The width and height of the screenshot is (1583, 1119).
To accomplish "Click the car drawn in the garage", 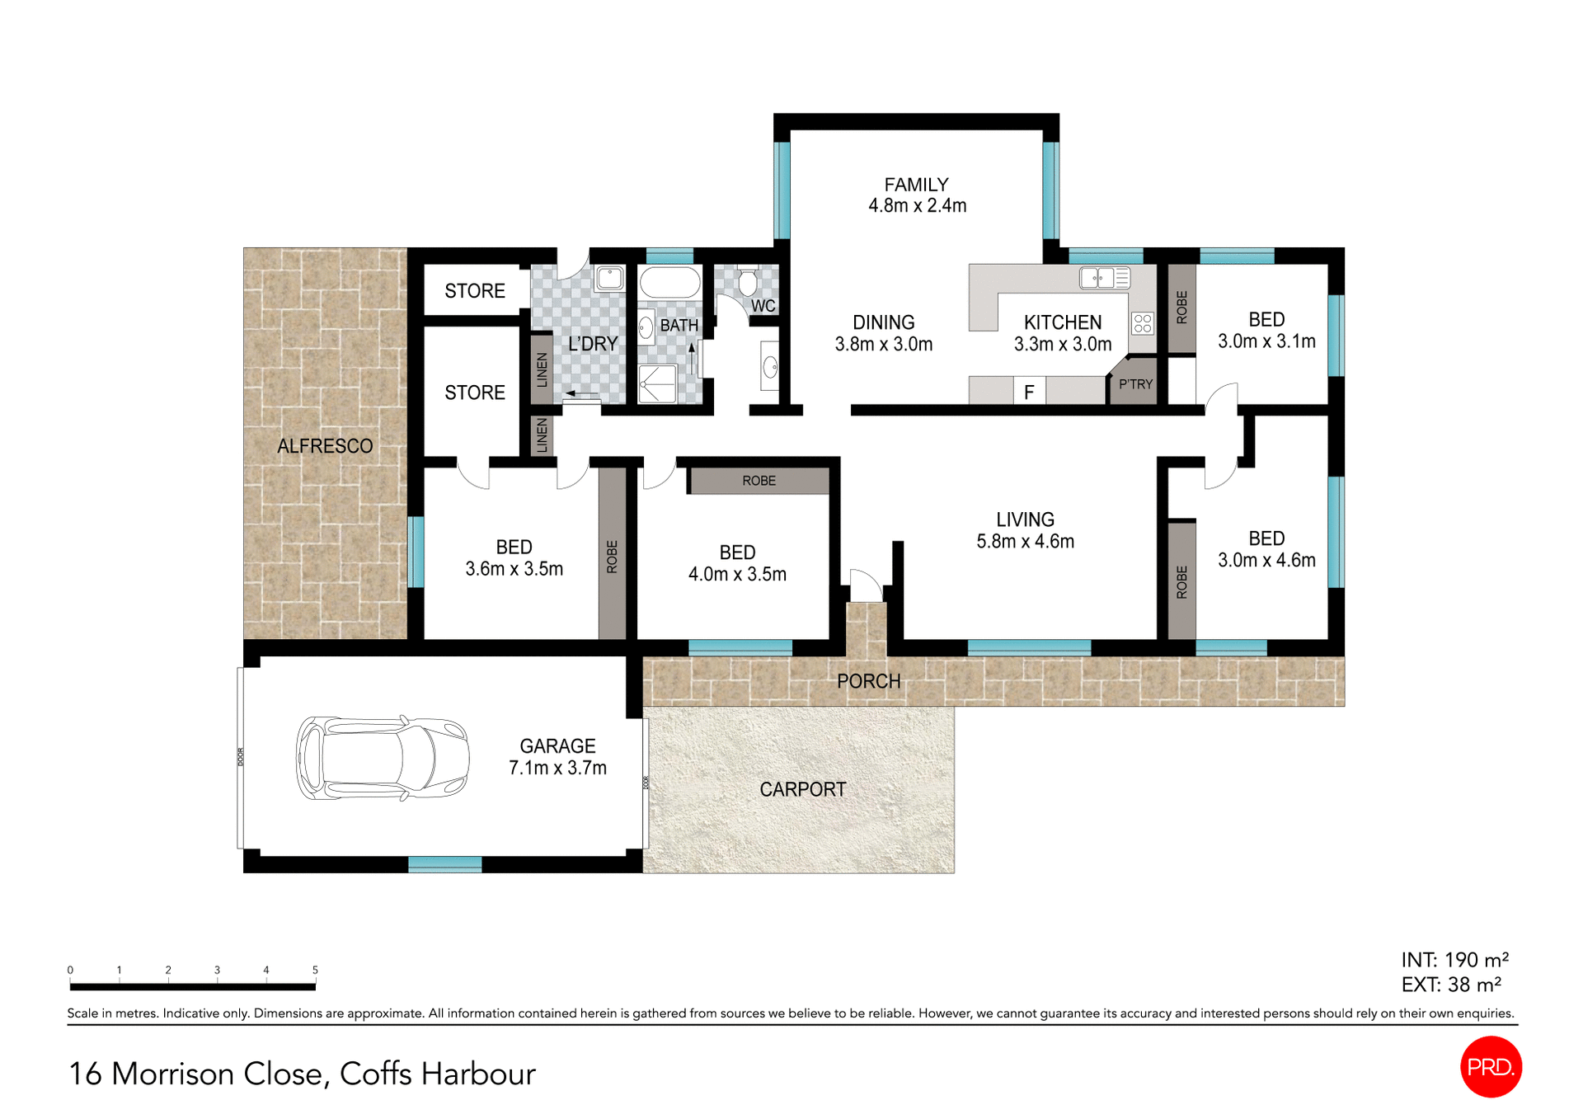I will pyautogui.click(x=383, y=757).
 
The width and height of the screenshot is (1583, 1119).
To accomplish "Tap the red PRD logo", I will pyautogui.click(x=1490, y=1066).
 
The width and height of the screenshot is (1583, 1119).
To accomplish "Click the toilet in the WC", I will pyautogui.click(x=747, y=282).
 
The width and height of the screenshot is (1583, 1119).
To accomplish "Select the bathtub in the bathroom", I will pyautogui.click(x=669, y=282).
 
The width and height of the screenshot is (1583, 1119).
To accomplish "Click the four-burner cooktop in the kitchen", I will pyautogui.click(x=1142, y=322).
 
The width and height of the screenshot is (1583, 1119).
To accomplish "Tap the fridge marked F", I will pyautogui.click(x=1029, y=392).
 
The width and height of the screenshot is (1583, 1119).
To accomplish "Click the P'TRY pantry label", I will pyautogui.click(x=1135, y=384).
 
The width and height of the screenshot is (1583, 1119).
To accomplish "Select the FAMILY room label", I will pyautogui.click(x=916, y=185).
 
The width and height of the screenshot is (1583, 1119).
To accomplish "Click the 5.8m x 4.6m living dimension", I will pyautogui.click(x=1025, y=542).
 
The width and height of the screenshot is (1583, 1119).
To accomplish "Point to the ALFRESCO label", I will pyautogui.click(x=325, y=446).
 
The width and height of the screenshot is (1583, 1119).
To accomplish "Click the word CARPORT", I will pyautogui.click(x=802, y=789).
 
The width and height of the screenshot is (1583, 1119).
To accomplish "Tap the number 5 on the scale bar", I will pyautogui.click(x=315, y=970).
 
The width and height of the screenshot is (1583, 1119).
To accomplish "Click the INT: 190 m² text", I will pyautogui.click(x=1454, y=960).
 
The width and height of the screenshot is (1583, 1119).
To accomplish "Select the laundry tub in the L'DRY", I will pyautogui.click(x=609, y=278).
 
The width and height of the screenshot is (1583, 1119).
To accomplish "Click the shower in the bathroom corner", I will pyautogui.click(x=657, y=384).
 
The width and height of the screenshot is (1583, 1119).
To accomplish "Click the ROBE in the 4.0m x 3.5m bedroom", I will pyautogui.click(x=759, y=481).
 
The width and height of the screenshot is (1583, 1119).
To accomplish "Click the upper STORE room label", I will pyautogui.click(x=474, y=291).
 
